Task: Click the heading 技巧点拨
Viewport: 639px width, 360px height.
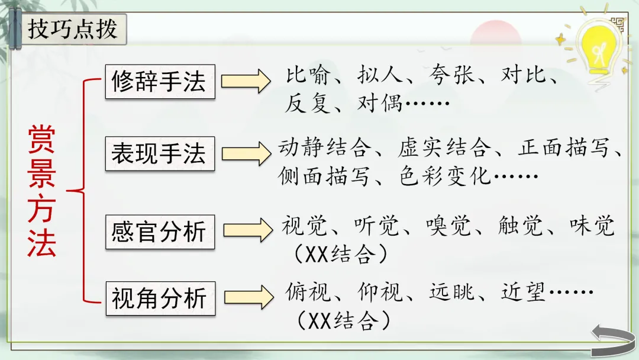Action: (73, 28)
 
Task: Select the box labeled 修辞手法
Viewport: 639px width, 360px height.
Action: (160, 82)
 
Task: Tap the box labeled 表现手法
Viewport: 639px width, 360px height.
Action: (160, 154)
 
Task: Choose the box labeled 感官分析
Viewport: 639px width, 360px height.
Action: (160, 232)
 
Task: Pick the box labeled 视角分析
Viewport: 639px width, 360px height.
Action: (160, 298)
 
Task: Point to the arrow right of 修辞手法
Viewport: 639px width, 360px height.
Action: (246, 81)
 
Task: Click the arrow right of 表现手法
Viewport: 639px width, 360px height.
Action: (246, 153)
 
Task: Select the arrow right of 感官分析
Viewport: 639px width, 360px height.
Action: (246, 230)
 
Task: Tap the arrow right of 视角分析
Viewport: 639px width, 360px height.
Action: (246, 297)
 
